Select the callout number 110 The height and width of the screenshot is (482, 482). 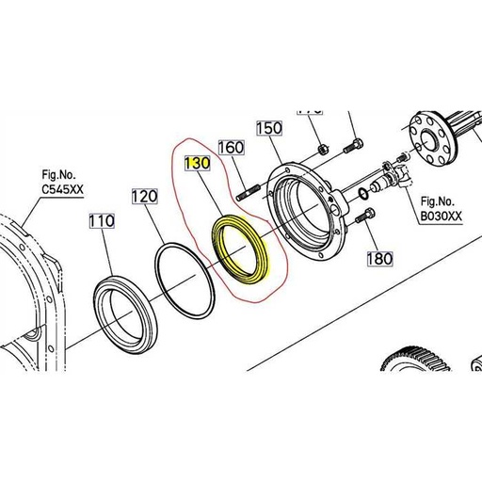tap(101, 222)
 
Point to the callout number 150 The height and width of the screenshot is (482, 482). tap(269, 127)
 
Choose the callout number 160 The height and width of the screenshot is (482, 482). tap(232, 147)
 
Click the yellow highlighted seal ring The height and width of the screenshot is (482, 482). tap(244, 252)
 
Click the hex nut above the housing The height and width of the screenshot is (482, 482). tap(323, 147)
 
